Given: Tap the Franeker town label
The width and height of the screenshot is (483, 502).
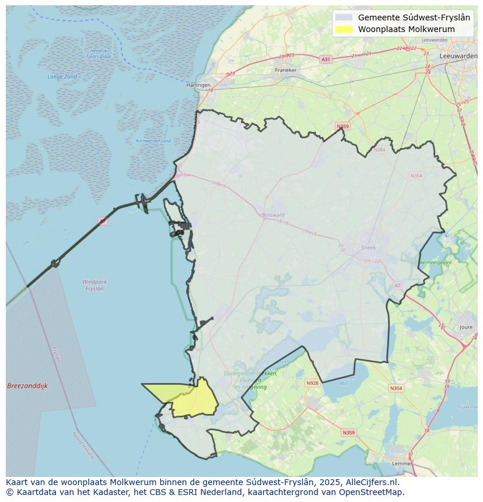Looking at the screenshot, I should point(286,70).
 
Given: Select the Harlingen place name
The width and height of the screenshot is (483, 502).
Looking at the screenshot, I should point(198,85).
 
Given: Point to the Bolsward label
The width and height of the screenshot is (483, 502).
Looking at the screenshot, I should point(273,215).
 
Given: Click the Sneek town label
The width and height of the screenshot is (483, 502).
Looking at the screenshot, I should point(369,247).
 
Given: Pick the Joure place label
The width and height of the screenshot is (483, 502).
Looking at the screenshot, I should point(466,328).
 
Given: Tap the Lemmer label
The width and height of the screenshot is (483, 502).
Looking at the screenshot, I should point(402,464).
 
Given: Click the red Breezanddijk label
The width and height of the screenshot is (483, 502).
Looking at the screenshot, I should point(27,386).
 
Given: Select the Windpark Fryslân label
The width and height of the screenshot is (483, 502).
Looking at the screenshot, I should point(94,285).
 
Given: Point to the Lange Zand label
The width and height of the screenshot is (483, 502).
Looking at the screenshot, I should point(62,77).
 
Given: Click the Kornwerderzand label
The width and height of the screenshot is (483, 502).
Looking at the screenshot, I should point(153,141).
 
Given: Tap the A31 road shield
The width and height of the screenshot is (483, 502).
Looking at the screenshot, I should point(325,59).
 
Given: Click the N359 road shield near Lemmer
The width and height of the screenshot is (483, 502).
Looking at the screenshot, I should point(348,433).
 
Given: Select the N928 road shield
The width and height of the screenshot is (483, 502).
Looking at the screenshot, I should point(312,383).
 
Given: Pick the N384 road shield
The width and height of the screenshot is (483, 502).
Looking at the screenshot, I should point(380,150).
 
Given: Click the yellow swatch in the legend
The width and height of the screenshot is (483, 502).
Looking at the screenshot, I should point(344,29).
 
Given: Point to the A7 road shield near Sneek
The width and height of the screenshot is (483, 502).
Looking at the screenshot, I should point(398,286).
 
